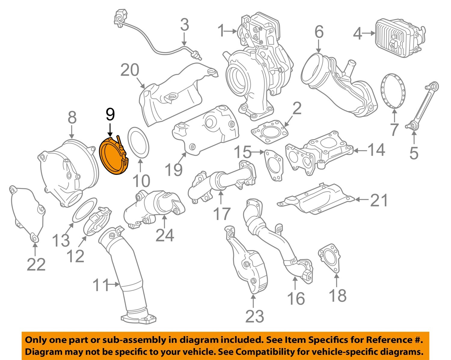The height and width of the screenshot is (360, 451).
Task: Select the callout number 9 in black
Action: click(x=110, y=114)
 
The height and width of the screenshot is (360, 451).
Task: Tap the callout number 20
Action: click(x=130, y=70)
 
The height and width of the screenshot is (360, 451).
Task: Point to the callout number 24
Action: click(x=164, y=235)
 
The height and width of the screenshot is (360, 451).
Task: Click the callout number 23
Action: click(x=254, y=316)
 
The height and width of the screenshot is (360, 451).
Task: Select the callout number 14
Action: click(x=376, y=149)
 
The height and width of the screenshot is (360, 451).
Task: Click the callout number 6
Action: click(x=319, y=32)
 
